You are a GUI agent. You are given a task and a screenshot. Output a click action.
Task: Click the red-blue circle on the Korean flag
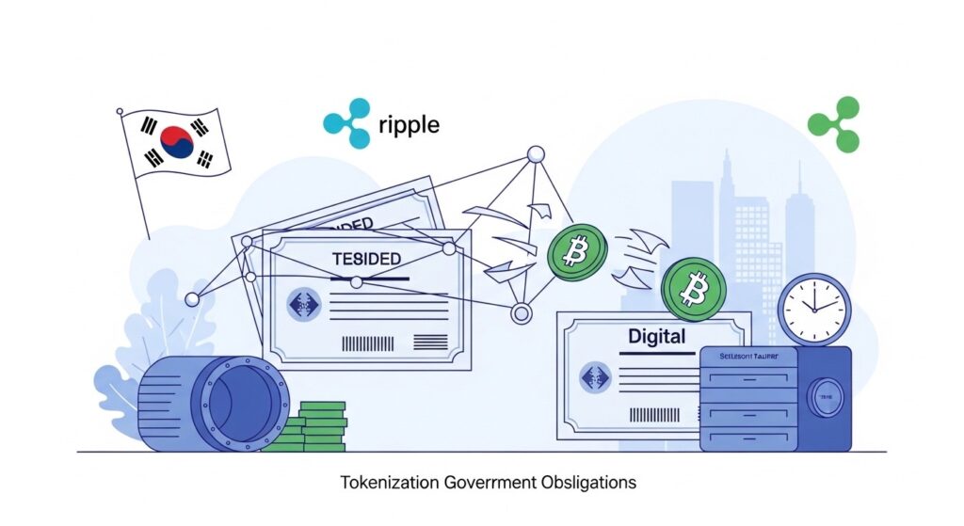177,142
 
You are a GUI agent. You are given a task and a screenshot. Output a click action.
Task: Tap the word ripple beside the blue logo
409,124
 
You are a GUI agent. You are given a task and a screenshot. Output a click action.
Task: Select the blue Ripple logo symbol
346,123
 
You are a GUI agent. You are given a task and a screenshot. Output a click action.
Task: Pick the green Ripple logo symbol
833,124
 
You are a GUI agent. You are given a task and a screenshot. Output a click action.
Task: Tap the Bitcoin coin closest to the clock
694,289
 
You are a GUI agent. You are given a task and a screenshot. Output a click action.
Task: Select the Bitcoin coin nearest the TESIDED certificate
577,252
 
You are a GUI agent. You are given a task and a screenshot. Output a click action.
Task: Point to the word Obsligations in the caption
588,483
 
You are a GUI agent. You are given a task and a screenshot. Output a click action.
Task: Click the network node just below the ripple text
535,153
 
